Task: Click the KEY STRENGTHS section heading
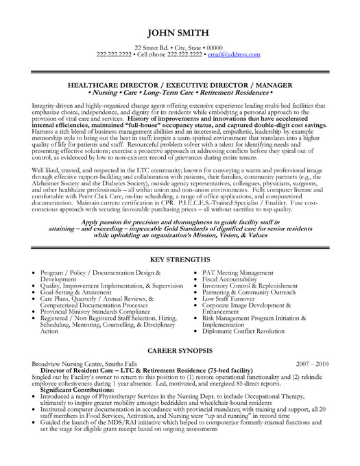(x=180, y=261)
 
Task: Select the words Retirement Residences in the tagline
(x=244, y=89)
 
